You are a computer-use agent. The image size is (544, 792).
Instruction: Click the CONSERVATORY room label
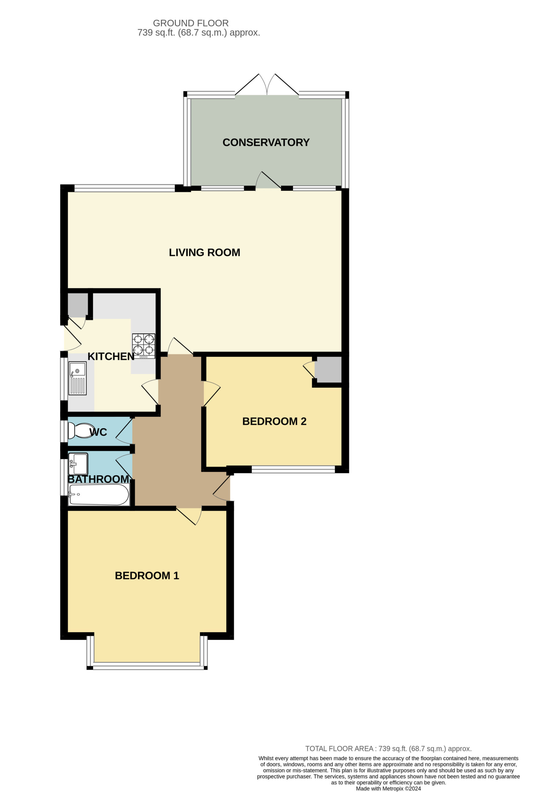point(266,142)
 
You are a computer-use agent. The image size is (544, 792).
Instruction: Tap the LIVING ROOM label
point(205,252)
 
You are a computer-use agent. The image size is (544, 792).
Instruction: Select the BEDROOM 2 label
point(274,422)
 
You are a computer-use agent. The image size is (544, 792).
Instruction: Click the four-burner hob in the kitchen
point(144,346)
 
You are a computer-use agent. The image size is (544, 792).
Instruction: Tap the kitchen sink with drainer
point(77,378)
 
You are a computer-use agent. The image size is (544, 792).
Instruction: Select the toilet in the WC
point(81,431)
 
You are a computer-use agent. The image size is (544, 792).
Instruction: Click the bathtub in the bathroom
point(99,495)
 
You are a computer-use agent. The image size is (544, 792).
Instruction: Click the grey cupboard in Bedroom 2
point(328,370)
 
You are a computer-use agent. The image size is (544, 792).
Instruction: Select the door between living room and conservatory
point(268,180)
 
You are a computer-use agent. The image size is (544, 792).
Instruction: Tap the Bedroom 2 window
point(293,469)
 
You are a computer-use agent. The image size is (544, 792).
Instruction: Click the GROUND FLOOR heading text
point(191,23)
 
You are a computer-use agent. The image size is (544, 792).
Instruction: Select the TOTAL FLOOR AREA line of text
point(389,749)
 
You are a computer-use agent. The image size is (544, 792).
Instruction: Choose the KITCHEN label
point(111,356)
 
